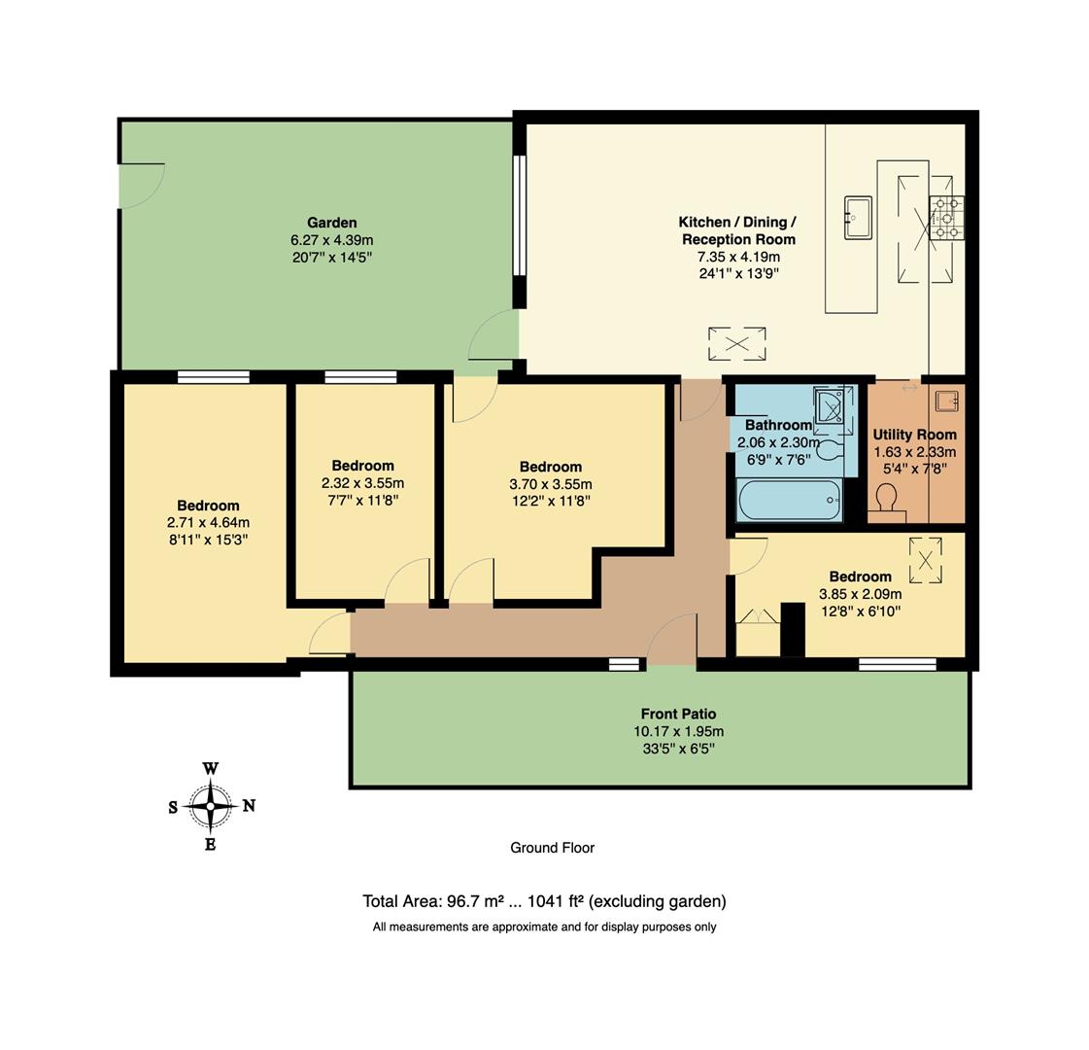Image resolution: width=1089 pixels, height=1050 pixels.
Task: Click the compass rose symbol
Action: point(211,806)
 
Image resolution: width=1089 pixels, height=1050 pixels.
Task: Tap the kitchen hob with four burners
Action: point(947,218)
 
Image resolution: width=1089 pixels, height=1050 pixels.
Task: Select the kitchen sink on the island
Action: point(858,217)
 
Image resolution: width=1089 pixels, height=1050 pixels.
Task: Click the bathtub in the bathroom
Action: point(790,500)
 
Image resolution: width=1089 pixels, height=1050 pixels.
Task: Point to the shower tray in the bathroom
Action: point(834,405)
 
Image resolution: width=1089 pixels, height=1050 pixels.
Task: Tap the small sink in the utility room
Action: point(947,399)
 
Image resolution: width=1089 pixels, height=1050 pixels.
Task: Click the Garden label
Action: point(332,223)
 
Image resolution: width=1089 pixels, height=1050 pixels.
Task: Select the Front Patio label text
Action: point(678,714)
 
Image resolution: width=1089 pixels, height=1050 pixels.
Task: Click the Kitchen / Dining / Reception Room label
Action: point(738,230)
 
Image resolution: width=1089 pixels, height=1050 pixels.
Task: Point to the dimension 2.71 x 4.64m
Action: point(208,522)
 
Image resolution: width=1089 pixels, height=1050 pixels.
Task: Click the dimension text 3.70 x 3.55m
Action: point(550,484)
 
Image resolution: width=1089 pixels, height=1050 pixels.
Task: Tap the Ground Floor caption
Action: point(552,848)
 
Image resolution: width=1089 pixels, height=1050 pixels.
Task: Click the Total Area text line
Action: point(544,901)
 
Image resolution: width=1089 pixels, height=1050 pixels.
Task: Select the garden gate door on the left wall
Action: point(139,185)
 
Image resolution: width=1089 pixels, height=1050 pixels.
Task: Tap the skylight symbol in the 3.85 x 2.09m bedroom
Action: point(925,560)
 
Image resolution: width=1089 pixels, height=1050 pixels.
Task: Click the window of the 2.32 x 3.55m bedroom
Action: point(360,377)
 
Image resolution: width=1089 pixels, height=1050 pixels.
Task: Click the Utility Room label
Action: point(914,435)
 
